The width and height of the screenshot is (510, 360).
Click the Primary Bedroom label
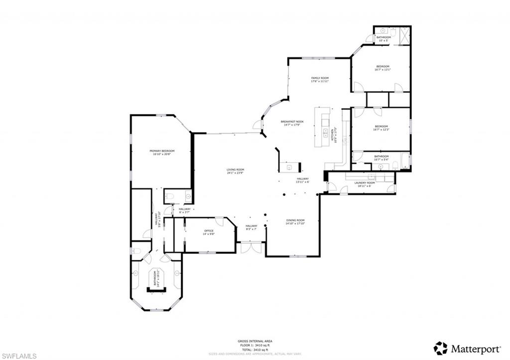point(162,151)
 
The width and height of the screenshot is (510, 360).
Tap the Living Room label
point(235,170)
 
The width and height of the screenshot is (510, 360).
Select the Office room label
point(209,231)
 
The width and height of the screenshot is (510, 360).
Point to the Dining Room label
point(295,220)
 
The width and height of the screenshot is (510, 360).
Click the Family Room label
point(320,78)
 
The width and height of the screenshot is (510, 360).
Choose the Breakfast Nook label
point(292,121)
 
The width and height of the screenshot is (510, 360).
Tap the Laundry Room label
point(365,183)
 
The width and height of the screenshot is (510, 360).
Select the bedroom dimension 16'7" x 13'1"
point(382,70)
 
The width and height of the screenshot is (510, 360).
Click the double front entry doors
point(251,247)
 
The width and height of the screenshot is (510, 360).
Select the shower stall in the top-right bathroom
point(404,34)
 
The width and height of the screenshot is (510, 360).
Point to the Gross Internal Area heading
point(255,341)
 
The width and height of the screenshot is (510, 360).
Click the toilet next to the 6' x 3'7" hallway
point(169,197)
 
